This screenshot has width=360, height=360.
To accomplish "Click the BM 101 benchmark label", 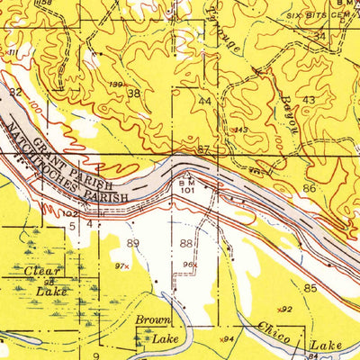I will coord(187,184).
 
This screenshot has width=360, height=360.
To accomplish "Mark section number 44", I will coord(206,102).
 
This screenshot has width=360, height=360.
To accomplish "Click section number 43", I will coord(309,99).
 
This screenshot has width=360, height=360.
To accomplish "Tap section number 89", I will coord(134,243).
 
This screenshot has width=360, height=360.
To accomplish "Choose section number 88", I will coord(186,243).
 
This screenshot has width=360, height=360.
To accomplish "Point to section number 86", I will coord(309,189).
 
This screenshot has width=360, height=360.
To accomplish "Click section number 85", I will coord(310,288).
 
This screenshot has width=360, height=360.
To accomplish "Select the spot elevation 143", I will coord(240,130).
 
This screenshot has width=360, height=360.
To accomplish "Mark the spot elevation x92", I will coord(285,309).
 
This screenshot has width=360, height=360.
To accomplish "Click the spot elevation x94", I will coord(229,338).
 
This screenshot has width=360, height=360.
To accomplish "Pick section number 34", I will coord(319,36).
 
